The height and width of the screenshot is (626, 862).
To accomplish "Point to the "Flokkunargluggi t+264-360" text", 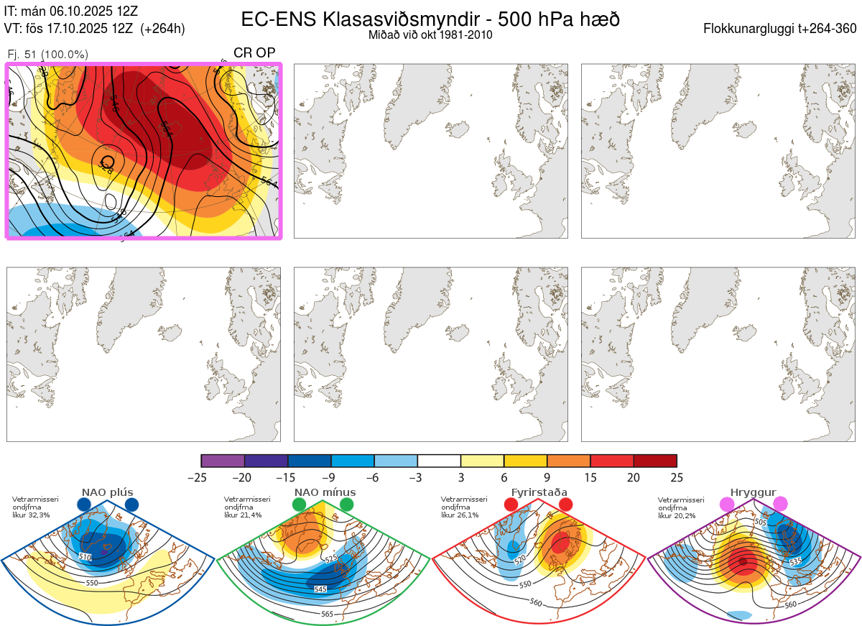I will coord(782,29).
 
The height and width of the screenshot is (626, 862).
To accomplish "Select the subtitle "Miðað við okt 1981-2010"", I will coord(430,34).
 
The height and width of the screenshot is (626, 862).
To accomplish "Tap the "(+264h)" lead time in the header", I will coord(163,29).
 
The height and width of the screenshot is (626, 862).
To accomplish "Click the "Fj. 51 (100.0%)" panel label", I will coord(47,55).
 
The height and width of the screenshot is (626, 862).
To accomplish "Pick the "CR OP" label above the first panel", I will coord(254,52).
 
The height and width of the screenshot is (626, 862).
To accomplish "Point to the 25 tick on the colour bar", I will coord(677,477).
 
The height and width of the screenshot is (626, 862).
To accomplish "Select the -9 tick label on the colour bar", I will coord(331,477).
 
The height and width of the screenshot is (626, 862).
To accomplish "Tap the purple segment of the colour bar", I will coord(223,461).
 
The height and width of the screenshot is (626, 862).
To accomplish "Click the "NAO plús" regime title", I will coord(107,492).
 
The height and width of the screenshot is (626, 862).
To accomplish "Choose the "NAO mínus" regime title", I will coord(325,492).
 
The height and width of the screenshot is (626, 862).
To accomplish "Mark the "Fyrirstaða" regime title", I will coord(539,492).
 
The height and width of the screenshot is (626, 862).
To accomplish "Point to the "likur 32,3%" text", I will coord(32,515).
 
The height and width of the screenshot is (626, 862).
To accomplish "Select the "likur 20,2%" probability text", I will coord(677,515).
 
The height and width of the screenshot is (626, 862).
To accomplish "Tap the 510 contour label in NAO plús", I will coord(85,557).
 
